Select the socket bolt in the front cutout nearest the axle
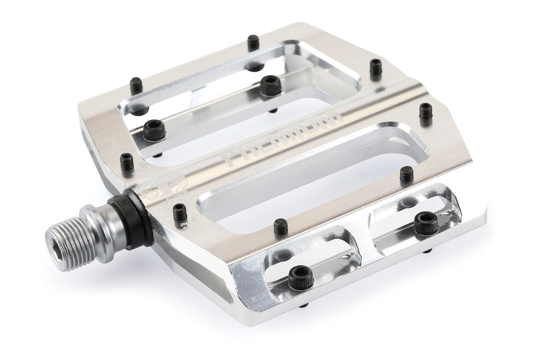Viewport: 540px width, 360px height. [298, 275]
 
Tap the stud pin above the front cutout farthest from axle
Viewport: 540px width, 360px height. [406, 175]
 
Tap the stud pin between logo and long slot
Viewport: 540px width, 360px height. [178, 211]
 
